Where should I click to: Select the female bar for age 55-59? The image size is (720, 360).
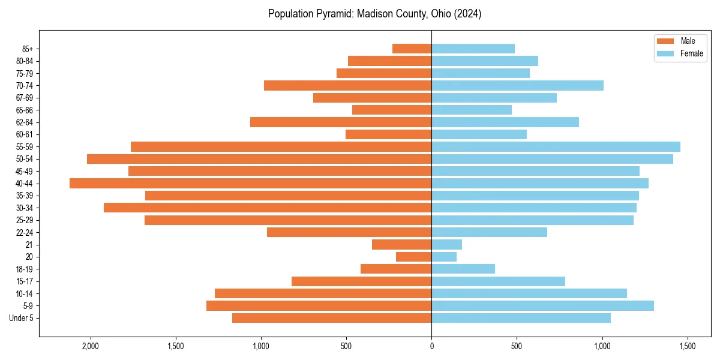coord(556,146)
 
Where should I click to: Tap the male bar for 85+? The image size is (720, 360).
coord(412,49)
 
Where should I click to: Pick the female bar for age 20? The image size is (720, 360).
coord(444,257)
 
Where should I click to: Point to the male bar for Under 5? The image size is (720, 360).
coord(332,318)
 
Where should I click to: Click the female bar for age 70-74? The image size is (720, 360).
coord(517,85)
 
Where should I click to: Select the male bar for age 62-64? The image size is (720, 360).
coord(341,122)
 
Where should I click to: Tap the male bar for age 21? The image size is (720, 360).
coord(401,244)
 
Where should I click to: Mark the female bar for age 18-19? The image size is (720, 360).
coord(463,269)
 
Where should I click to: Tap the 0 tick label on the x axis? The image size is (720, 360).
coord(431,346)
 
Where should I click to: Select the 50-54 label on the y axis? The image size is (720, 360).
coord(25,159)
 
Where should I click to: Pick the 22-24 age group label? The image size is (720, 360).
coord(25,232)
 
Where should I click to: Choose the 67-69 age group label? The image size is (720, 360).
coord(25,98)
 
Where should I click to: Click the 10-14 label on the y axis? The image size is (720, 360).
coord(25,293)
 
